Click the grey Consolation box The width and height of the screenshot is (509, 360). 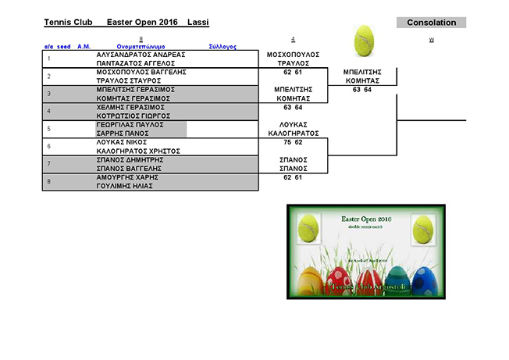pos(431,23)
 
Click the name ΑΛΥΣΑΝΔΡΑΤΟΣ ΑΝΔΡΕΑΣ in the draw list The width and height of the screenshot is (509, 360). pos(141,55)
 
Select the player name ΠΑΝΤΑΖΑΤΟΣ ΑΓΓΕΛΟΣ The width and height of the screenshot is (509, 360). pos(140,63)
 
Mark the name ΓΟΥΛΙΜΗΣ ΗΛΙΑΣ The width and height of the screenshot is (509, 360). pos(124,186)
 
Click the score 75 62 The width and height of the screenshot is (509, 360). pos(293,142)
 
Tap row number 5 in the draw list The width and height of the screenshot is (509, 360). pos(49,129)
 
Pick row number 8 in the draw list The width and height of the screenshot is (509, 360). pos(49,182)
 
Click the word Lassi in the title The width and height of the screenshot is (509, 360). pos(198,23)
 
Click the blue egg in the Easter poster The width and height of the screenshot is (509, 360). pos(422,280)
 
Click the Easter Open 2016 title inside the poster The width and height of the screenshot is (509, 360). pos(368,221)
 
